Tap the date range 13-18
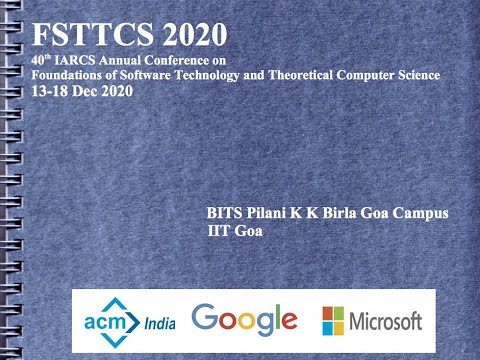pyautogui.click(x=51, y=90)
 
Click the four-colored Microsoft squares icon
pyautogui.click(x=333, y=320)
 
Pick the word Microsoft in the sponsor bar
pyautogui.click(x=385, y=321)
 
